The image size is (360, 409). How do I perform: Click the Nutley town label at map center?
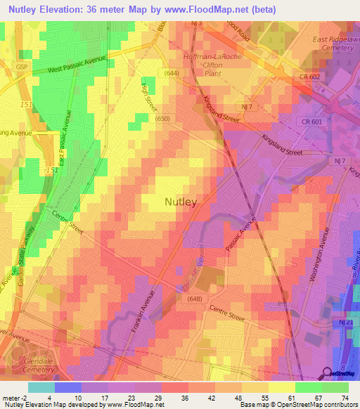tap(180, 202)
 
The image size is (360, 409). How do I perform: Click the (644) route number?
tap(172, 73)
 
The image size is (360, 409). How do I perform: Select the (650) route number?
tap(163, 119)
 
